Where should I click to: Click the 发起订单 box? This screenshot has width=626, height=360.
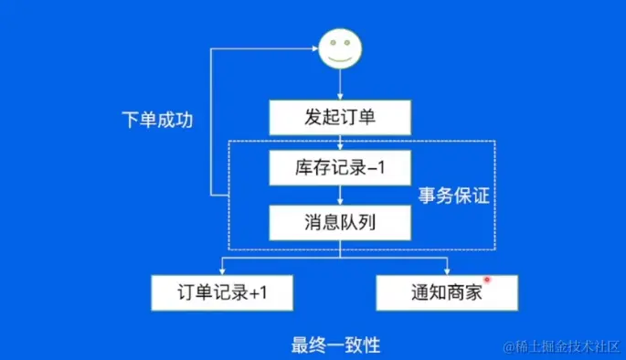click(x=340, y=117)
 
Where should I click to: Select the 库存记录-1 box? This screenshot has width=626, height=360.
click(x=340, y=168)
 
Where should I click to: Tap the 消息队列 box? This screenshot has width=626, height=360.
click(x=340, y=222)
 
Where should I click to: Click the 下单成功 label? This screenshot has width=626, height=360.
click(x=157, y=121)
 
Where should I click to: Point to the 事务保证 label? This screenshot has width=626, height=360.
click(x=454, y=195)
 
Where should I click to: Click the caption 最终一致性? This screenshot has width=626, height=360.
click(x=335, y=344)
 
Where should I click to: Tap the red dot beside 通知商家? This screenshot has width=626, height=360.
click(x=487, y=280)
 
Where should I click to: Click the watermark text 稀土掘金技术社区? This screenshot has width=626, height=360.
click(x=560, y=345)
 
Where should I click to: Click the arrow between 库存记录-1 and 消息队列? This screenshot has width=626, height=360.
click(x=340, y=195)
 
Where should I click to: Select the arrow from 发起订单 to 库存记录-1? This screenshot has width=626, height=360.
click(x=340, y=143)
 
